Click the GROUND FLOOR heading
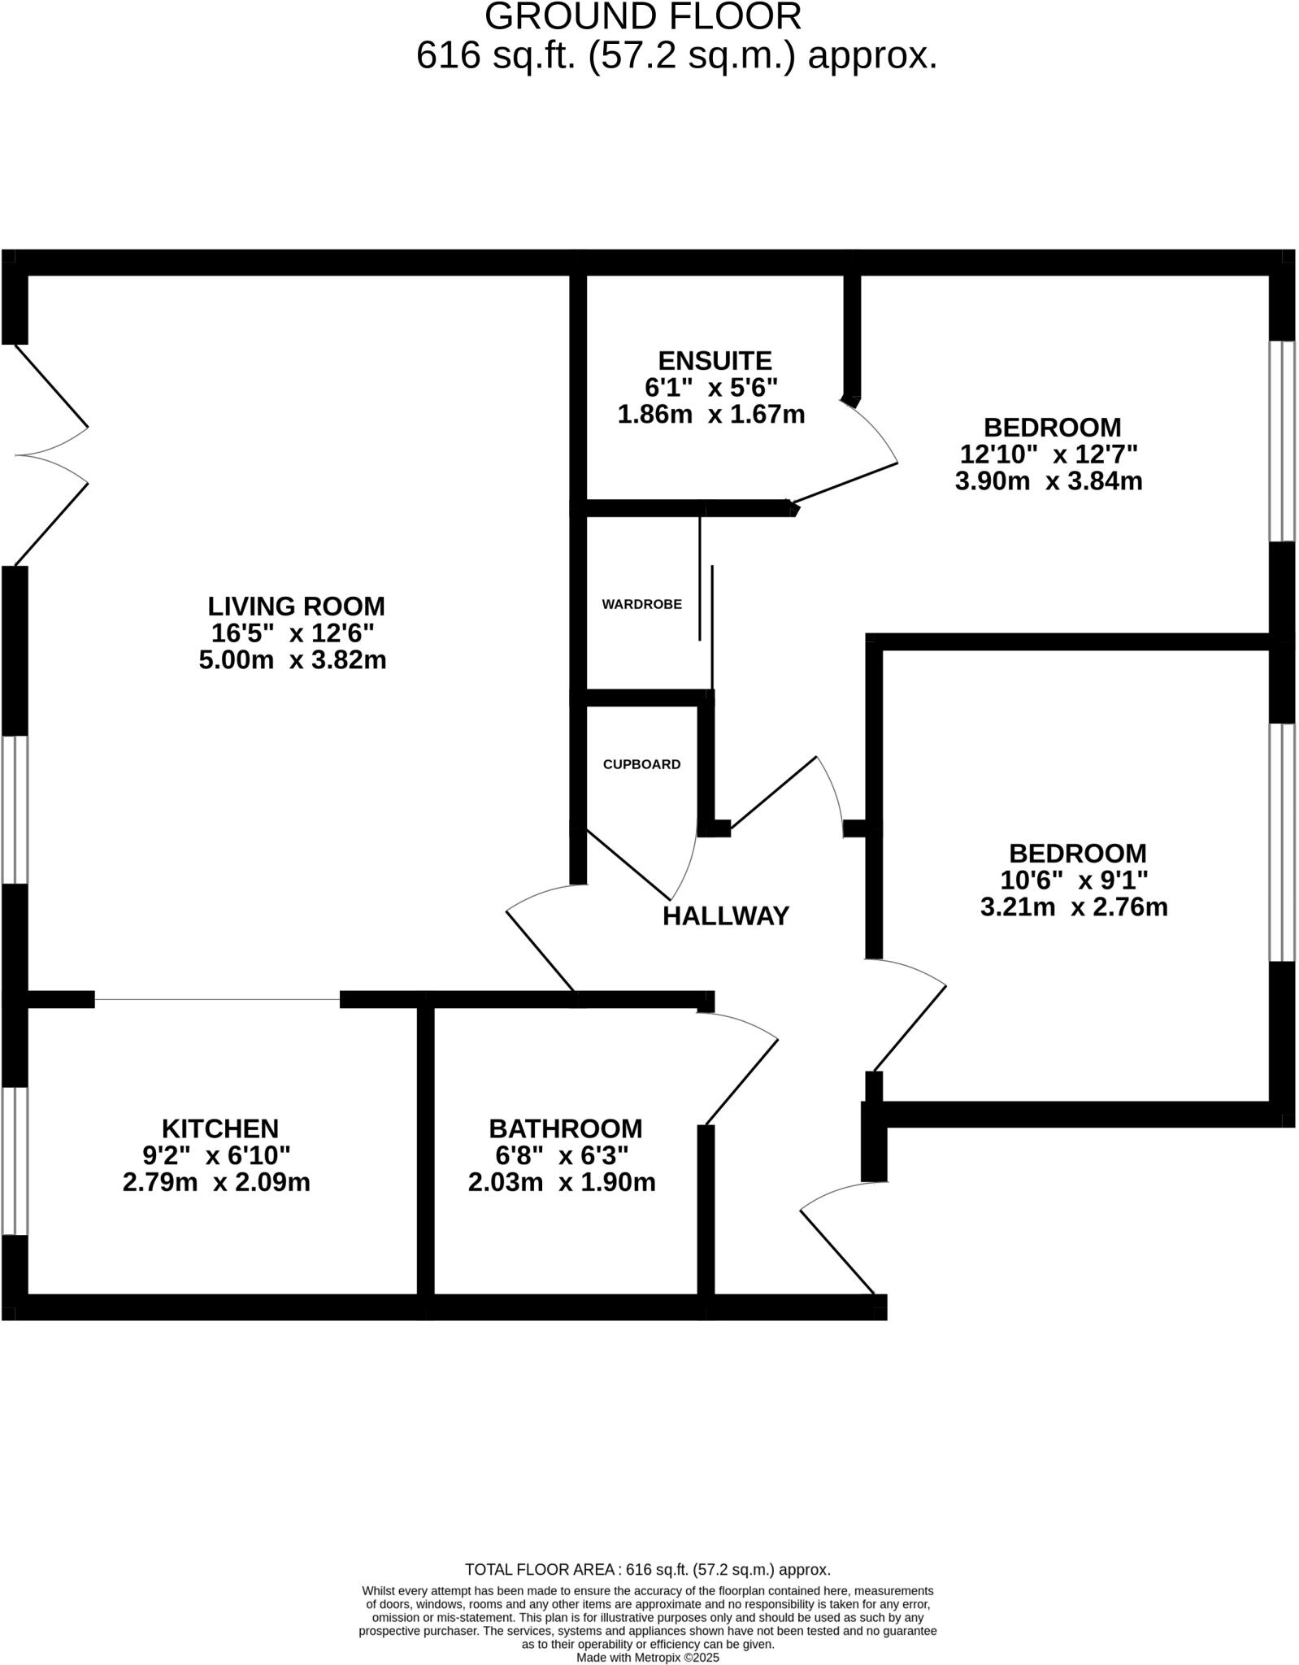point(643,16)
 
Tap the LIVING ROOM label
point(296,606)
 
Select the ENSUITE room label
point(715,360)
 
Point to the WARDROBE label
point(641,604)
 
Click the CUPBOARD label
point(641,764)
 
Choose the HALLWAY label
point(725,916)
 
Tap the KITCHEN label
point(220,1128)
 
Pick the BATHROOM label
point(565,1128)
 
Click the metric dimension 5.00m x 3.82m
point(293,659)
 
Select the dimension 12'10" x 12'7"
point(1049,454)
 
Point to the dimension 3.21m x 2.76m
point(1074,906)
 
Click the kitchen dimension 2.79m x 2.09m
point(216,1182)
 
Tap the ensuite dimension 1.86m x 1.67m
point(711,415)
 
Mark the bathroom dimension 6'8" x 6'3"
point(562,1155)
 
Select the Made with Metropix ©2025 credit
point(648,1657)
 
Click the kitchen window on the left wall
point(15,1160)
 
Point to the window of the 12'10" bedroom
point(1282,441)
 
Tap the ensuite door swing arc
point(877,429)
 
